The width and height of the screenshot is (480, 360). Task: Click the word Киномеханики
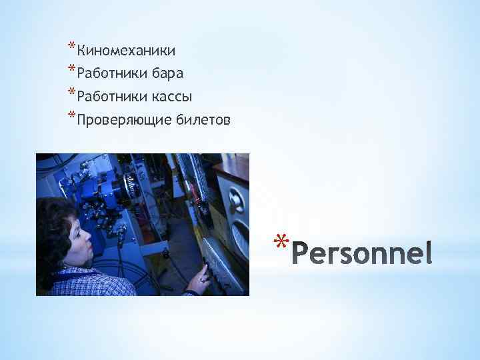pyautogui.click(x=126, y=51)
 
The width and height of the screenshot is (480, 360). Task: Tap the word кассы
pyautogui.click(x=171, y=97)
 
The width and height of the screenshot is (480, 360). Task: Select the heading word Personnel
pyautogui.click(x=363, y=253)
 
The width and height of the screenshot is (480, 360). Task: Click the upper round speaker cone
pyautogui.click(x=237, y=199)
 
